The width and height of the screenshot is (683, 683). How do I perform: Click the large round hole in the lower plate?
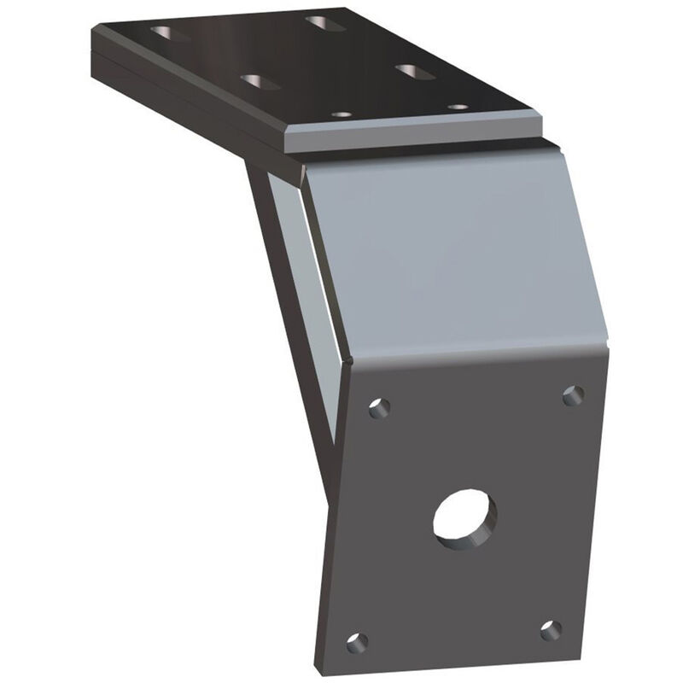coord(464,517)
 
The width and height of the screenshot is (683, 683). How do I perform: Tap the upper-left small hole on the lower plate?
coord(379,407)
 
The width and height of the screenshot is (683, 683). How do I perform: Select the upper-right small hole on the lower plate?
coord(573,395)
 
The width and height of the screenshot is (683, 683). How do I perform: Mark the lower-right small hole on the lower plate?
coord(551,630)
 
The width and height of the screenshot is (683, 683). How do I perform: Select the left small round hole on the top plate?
coord(341,114)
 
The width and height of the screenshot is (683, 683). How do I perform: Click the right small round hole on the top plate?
coord(458,108)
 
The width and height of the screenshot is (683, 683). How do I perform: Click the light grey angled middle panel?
coord(452,256)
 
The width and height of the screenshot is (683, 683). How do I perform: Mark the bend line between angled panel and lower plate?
coord(478,357)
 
